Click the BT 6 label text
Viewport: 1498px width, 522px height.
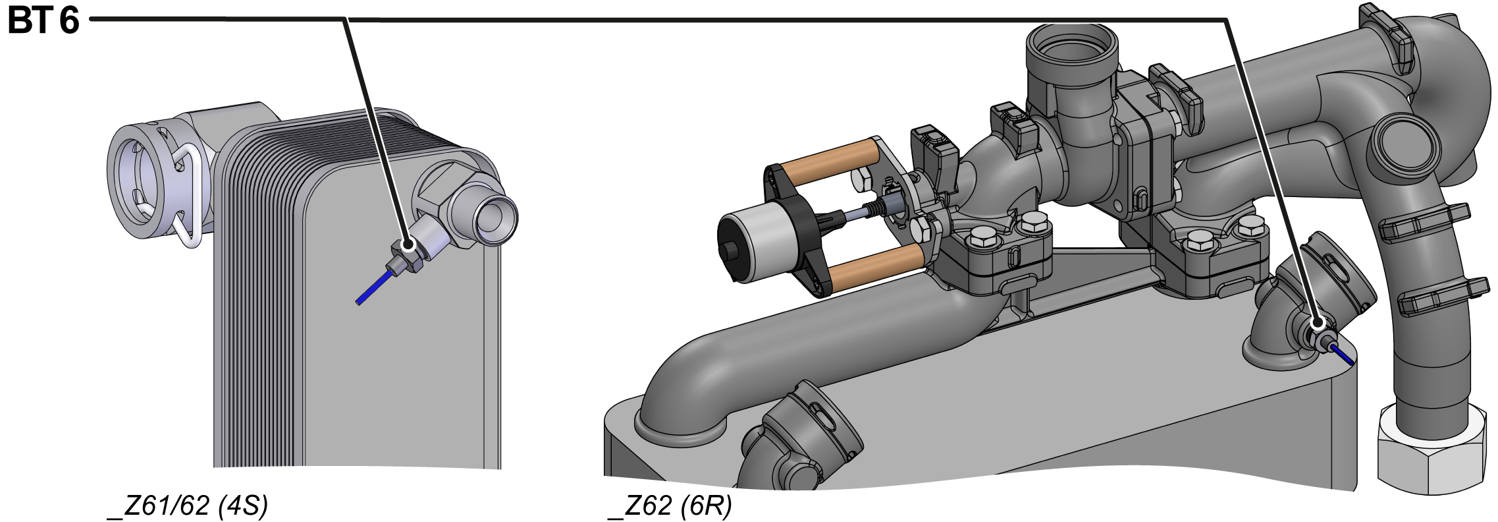pyautogui.click(x=43, y=21)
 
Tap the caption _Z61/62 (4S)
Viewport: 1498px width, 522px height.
pyautogui.click(x=188, y=506)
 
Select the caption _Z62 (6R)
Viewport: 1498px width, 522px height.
pyautogui.click(x=670, y=506)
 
